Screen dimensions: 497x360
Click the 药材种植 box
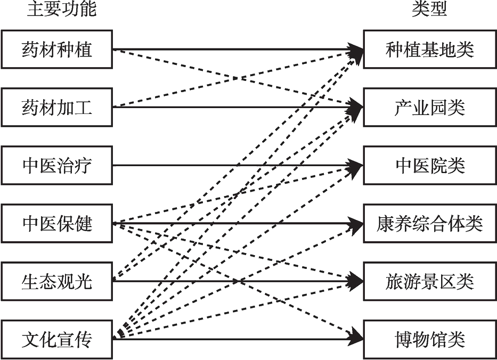click(x=57, y=50)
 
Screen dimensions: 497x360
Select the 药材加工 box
click(x=57, y=108)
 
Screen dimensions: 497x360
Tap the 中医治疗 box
click(x=57, y=166)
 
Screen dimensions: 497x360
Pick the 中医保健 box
click(x=57, y=224)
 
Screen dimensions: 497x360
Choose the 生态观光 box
click(x=57, y=281)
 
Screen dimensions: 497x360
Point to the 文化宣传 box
click(x=57, y=339)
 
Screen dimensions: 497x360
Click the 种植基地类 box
click(x=430, y=50)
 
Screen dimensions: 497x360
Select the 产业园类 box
click(x=430, y=108)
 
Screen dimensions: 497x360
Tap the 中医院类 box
click(x=430, y=166)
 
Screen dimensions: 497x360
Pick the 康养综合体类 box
click(x=430, y=224)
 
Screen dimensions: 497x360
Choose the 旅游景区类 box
click(x=430, y=281)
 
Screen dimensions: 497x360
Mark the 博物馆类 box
click(x=430, y=339)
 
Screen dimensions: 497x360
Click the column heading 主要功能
click(x=61, y=9)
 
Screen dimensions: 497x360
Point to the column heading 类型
click(x=429, y=9)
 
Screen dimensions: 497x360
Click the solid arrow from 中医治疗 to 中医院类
click(x=238, y=166)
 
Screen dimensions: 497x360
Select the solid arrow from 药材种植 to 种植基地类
click(x=238, y=50)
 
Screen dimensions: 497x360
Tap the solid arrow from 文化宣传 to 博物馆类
click(x=238, y=339)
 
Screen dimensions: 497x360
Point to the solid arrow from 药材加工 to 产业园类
click(x=238, y=108)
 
